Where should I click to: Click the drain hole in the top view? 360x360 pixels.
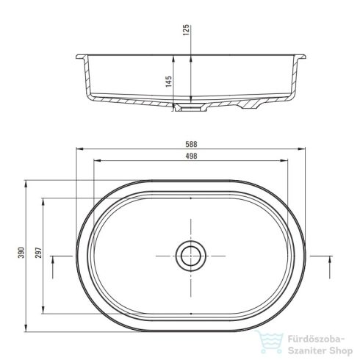190,256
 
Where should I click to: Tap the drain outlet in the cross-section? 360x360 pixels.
190,107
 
